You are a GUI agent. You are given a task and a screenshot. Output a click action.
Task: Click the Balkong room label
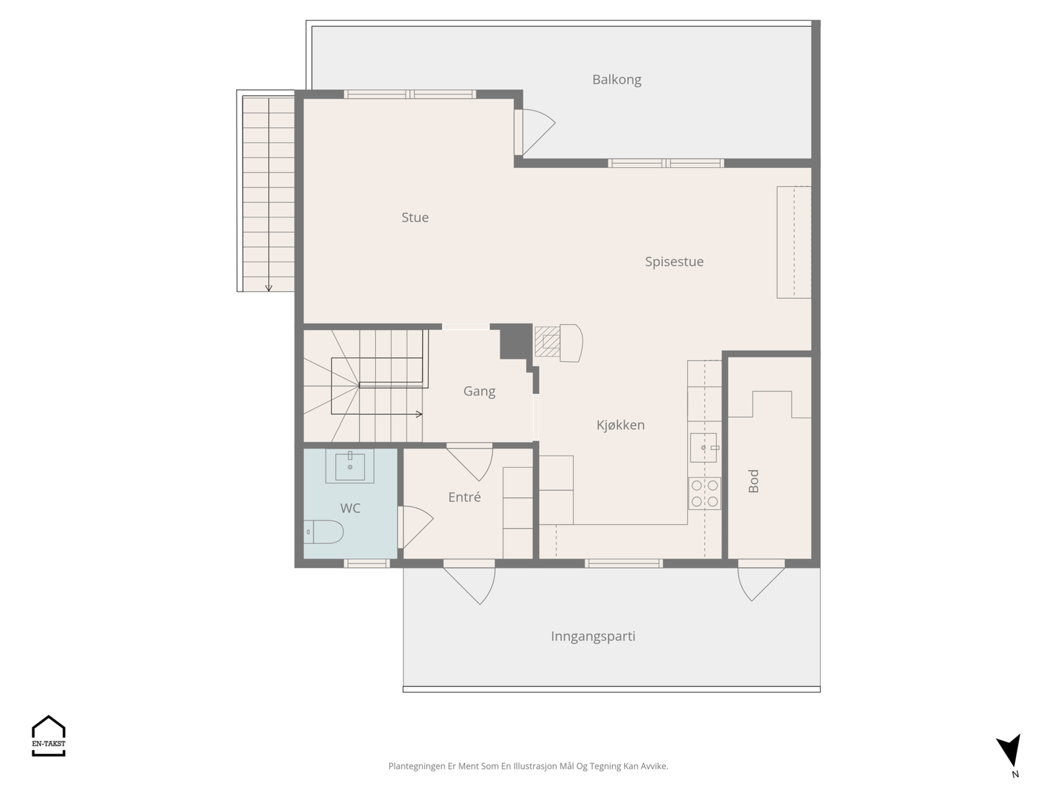616,80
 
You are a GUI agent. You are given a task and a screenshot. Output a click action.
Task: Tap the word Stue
415,217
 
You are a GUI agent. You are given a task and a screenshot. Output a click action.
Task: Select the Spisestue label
674,262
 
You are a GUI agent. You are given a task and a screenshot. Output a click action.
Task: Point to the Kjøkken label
620,425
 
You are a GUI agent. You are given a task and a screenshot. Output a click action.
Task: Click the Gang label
479,391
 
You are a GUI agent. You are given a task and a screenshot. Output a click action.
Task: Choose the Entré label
464,497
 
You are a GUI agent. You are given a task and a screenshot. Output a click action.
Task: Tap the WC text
350,508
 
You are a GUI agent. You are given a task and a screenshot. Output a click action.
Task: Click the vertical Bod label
754,481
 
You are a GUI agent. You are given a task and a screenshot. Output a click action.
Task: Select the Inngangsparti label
593,636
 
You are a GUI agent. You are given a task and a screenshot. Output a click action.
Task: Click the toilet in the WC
324,531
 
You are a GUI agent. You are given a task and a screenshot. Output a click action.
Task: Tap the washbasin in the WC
349,466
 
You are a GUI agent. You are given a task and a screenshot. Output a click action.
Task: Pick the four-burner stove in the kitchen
704,493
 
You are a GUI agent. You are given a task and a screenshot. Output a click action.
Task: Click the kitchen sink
704,447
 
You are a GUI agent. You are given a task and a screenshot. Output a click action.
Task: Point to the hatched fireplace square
548,342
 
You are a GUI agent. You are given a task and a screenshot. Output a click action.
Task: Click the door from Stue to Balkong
534,132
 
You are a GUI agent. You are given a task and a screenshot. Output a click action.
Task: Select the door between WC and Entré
415,527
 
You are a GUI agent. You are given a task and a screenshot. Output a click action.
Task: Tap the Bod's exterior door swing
761,580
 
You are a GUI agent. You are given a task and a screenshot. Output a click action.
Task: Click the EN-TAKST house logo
49,736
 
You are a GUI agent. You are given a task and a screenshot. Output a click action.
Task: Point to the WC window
367,563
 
